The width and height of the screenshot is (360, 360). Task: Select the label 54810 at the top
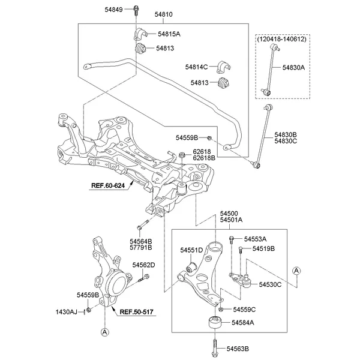[163, 13]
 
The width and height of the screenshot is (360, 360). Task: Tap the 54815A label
[168, 34]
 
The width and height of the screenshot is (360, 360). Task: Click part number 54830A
[293, 68]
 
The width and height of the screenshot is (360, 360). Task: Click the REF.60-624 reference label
[107, 185]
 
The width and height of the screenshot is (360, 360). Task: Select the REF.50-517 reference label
[137, 312]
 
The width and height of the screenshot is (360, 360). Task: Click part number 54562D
[143, 265]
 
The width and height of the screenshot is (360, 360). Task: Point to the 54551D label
[191, 249]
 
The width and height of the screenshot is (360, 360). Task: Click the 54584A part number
[243, 323]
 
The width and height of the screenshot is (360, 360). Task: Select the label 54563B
[237, 349]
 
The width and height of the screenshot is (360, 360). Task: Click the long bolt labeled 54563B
[214, 347]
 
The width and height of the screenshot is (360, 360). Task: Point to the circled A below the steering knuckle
[104, 332]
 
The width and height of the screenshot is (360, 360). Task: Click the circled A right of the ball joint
[296, 271]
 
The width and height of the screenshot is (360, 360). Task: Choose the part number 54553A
[255, 239]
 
